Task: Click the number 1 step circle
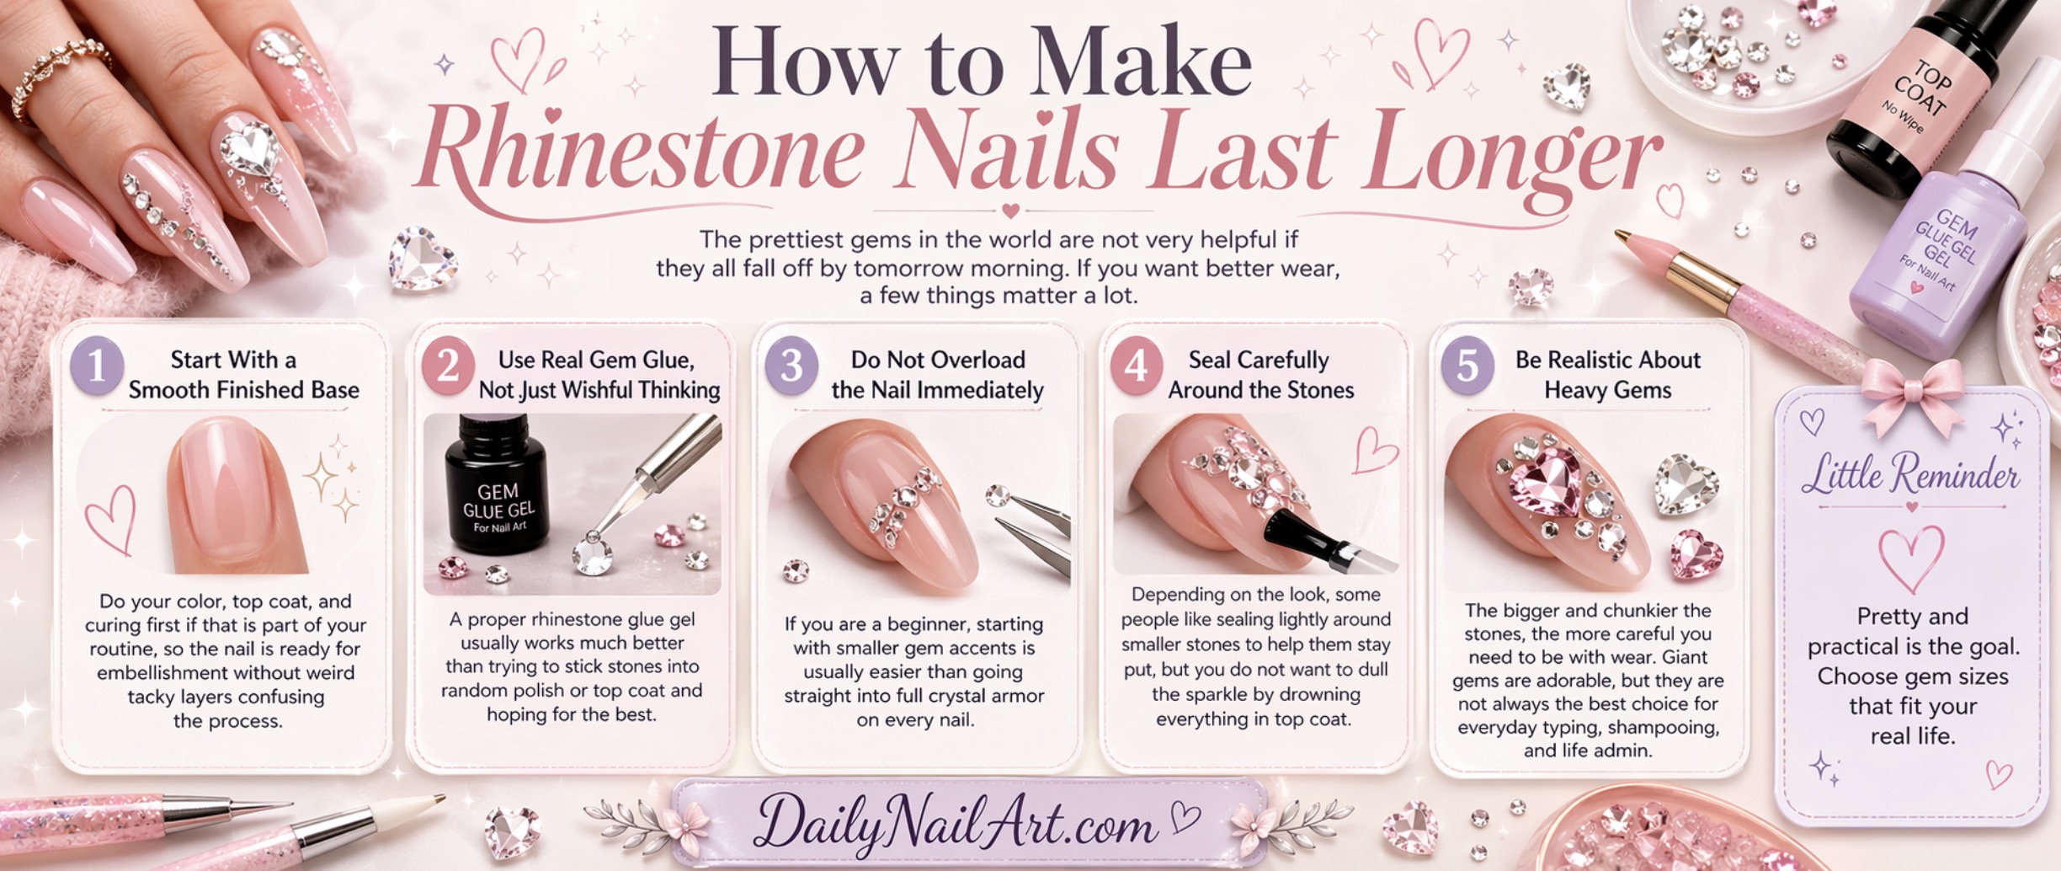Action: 98,366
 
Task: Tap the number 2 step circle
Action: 448,366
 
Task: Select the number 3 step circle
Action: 791,366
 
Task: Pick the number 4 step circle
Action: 1136,366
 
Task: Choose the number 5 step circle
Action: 1467,366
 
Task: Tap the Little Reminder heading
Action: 1911,474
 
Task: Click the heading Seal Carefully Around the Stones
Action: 1260,375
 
